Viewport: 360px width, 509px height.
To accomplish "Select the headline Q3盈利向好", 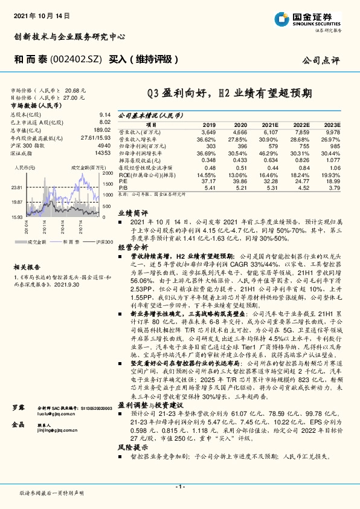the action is pos(175,94).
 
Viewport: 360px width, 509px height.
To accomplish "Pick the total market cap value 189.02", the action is pos(102,129).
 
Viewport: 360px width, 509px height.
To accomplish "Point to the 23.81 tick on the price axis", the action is pos(16,188).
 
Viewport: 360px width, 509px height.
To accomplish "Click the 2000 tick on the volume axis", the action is pos(108,173).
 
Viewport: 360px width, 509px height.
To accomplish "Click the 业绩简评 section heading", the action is pos(132,213).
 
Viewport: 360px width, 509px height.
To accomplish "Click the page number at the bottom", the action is pos(179,487).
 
